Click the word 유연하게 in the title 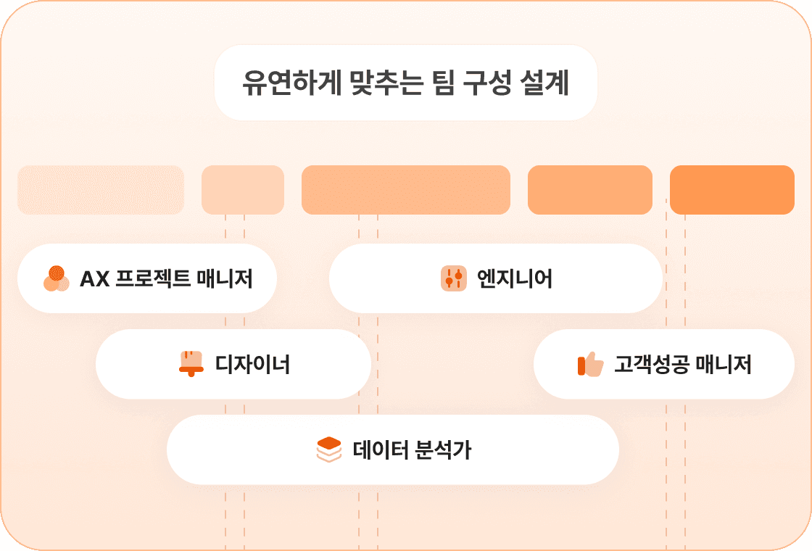[x=279, y=83]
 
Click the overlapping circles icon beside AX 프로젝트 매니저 [x=56, y=278]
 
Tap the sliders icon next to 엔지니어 [x=453, y=278]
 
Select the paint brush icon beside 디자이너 [x=191, y=363]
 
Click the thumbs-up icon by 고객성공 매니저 [x=590, y=364]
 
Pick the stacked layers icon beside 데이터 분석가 [x=328, y=449]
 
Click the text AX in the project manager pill [x=94, y=278]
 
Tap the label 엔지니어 [x=515, y=278]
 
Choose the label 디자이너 [x=252, y=364]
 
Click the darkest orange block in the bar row [x=732, y=190]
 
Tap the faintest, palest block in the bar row [x=101, y=190]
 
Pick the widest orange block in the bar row [x=405, y=190]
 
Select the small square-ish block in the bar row [x=242, y=190]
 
